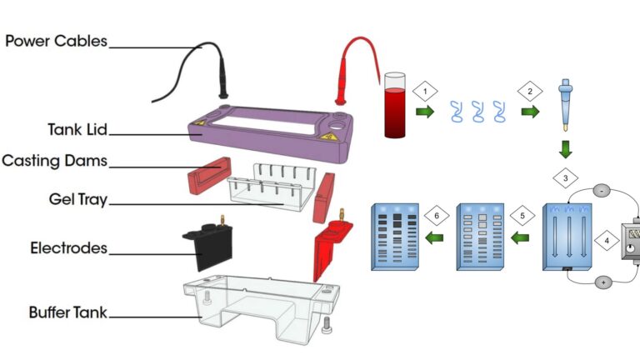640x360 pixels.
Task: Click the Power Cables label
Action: tap(57, 40)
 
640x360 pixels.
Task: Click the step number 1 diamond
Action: tap(425, 90)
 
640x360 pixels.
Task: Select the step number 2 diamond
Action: tap(527, 90)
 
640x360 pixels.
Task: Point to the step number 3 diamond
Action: tap(566, 178)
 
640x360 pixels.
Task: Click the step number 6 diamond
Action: tap(436, 215)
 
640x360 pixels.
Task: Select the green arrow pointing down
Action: tap(566, 150)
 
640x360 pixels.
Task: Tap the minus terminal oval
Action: tap(602, 191)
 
